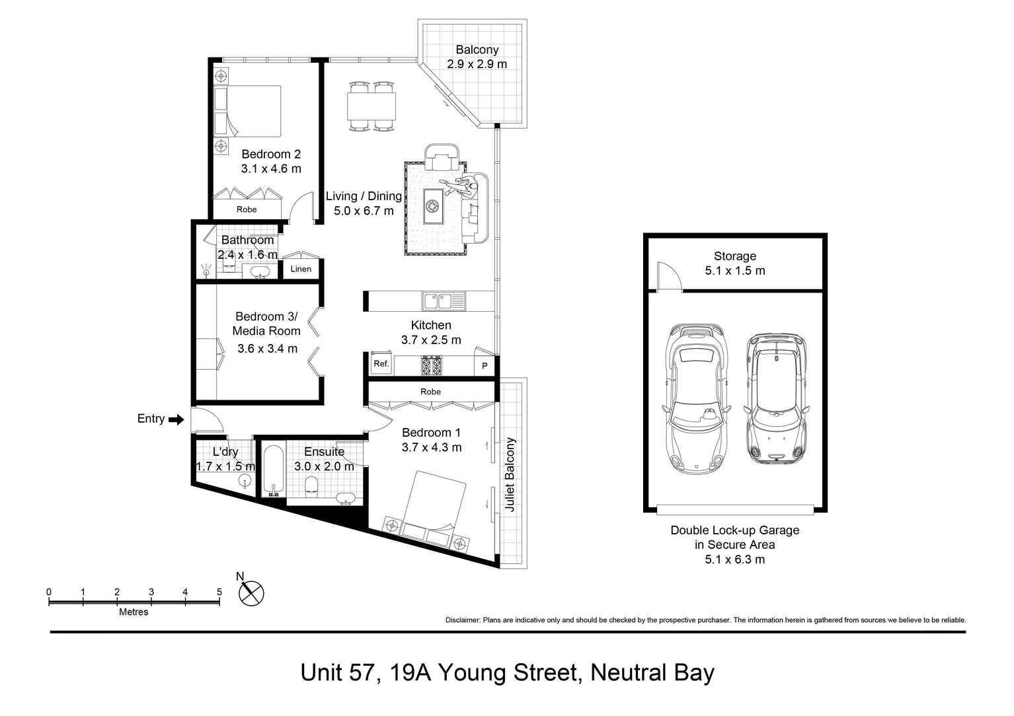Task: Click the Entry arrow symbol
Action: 176,419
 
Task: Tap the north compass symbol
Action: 251,593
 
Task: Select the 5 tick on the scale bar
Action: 219,592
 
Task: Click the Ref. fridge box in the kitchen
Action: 381,363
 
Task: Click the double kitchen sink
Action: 444,301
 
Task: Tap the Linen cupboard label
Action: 301,269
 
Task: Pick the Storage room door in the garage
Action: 668,276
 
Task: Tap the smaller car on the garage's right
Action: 776,399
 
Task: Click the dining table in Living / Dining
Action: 371,106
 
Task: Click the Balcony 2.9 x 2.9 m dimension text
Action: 477,65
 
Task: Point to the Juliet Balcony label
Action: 510,474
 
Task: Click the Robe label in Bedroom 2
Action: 247,209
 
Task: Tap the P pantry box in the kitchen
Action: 485,366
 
